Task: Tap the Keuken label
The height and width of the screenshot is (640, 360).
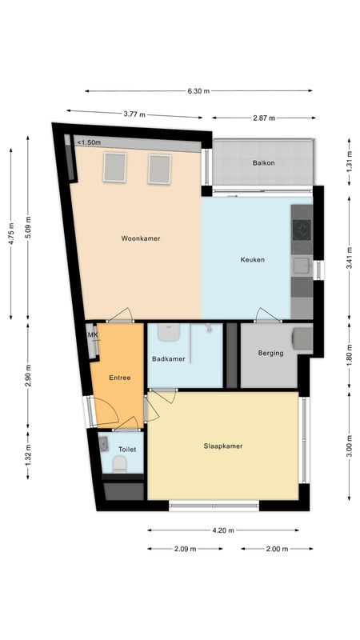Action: [252, 259]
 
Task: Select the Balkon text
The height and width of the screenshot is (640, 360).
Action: [264, 162]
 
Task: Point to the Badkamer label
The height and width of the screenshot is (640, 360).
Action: [168, 358]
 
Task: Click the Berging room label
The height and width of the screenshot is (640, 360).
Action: [270, 353]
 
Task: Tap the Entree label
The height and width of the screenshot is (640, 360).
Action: [119, 377]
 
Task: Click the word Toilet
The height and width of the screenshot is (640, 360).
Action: [127, 450]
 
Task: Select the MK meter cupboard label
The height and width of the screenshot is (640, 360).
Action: [92, 334]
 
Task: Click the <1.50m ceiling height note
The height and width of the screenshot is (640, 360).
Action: [89, 142]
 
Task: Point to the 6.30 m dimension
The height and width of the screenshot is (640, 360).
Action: [198, 91]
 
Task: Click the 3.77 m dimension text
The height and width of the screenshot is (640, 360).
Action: [134, 114]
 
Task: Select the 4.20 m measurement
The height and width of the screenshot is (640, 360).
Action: [223, 530]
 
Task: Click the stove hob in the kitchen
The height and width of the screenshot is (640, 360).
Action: [302, 230]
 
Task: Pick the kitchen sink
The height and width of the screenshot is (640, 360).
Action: [302, 266]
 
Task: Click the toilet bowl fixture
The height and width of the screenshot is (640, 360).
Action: [119, 467]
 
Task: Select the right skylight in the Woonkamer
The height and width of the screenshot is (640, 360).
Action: [160, 168]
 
